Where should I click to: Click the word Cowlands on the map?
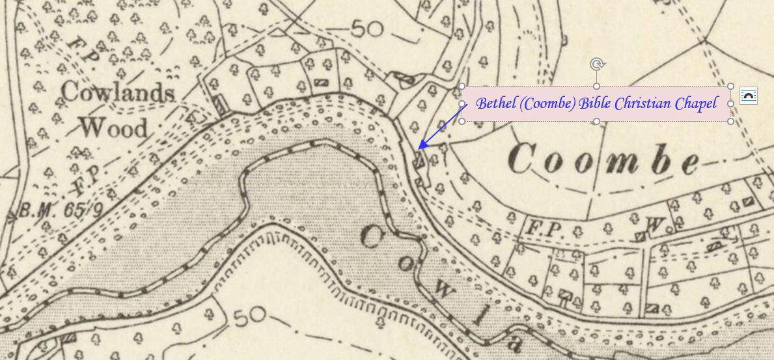coord(118,92)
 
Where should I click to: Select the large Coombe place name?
coord(605,160)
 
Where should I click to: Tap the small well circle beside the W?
coord(667,227)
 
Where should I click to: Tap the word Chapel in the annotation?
coord(697,103)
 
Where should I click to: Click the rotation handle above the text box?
coord(596,64)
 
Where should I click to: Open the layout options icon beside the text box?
coord(749,96)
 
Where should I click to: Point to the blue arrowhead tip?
coord(419,149)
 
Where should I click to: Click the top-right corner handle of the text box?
coord(730,86)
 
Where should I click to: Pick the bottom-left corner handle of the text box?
coord(462,121)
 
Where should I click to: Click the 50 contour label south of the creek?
coord(247,318)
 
